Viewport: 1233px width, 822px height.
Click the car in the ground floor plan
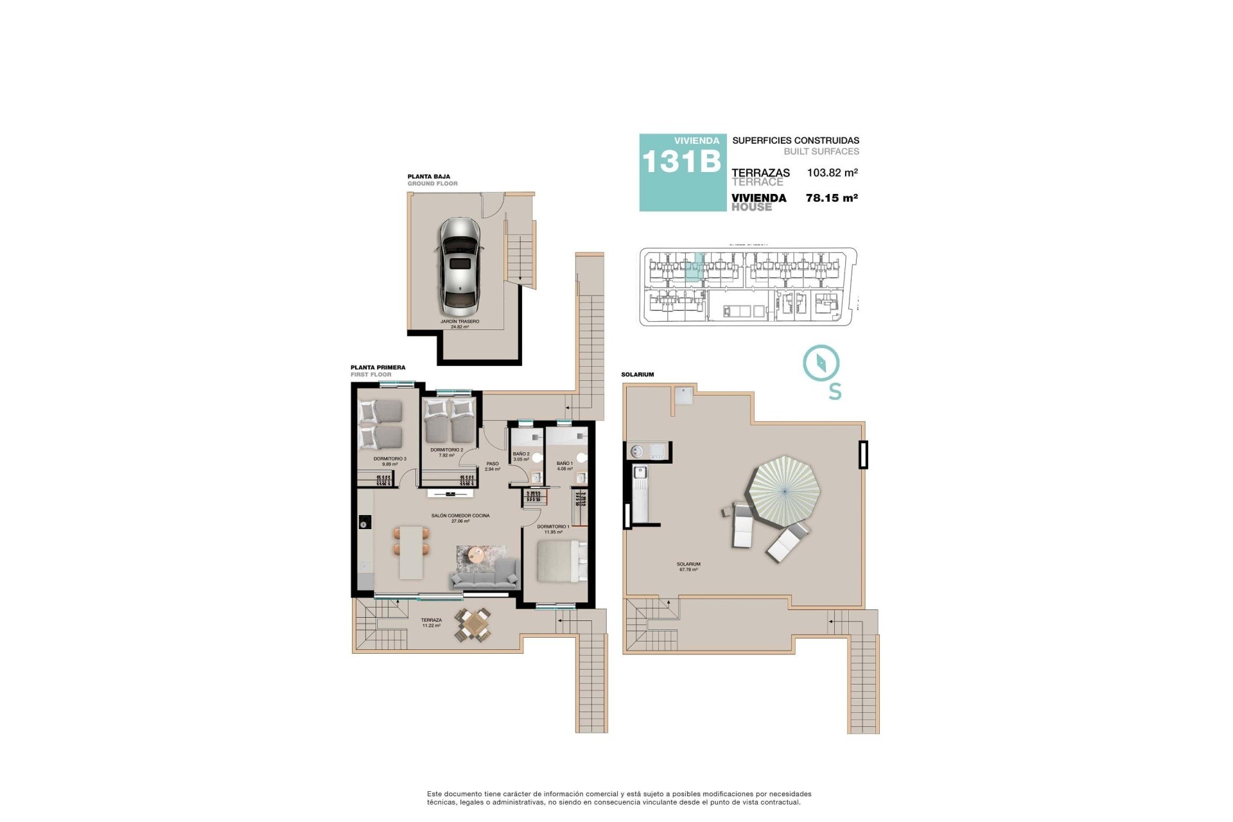tap(459, 263)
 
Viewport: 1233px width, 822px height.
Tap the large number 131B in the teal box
tap(681, 161)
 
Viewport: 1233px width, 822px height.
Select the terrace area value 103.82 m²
tap(832, 173)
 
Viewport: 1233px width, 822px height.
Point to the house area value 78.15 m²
tap(832, 198)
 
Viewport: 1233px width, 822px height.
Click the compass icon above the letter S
tap(821, 363)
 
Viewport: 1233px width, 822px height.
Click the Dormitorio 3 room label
tap(390, 461)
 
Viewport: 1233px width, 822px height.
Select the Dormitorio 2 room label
tap(446, 452)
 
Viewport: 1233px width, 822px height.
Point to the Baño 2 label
tap(521, 456)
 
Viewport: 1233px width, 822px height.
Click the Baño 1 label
tap(564, 466)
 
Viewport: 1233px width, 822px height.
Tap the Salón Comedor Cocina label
tap(460, 518)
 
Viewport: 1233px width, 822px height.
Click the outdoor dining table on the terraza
tap(474, 624)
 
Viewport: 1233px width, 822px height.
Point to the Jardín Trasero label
tap(460, 324)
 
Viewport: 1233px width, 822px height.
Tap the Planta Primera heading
tap(378, 368)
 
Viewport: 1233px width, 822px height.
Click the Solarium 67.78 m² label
tap(688, 566)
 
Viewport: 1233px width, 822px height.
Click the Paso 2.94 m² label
tap(493, 466)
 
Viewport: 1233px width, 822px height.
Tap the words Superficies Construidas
tap(795, 141)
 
